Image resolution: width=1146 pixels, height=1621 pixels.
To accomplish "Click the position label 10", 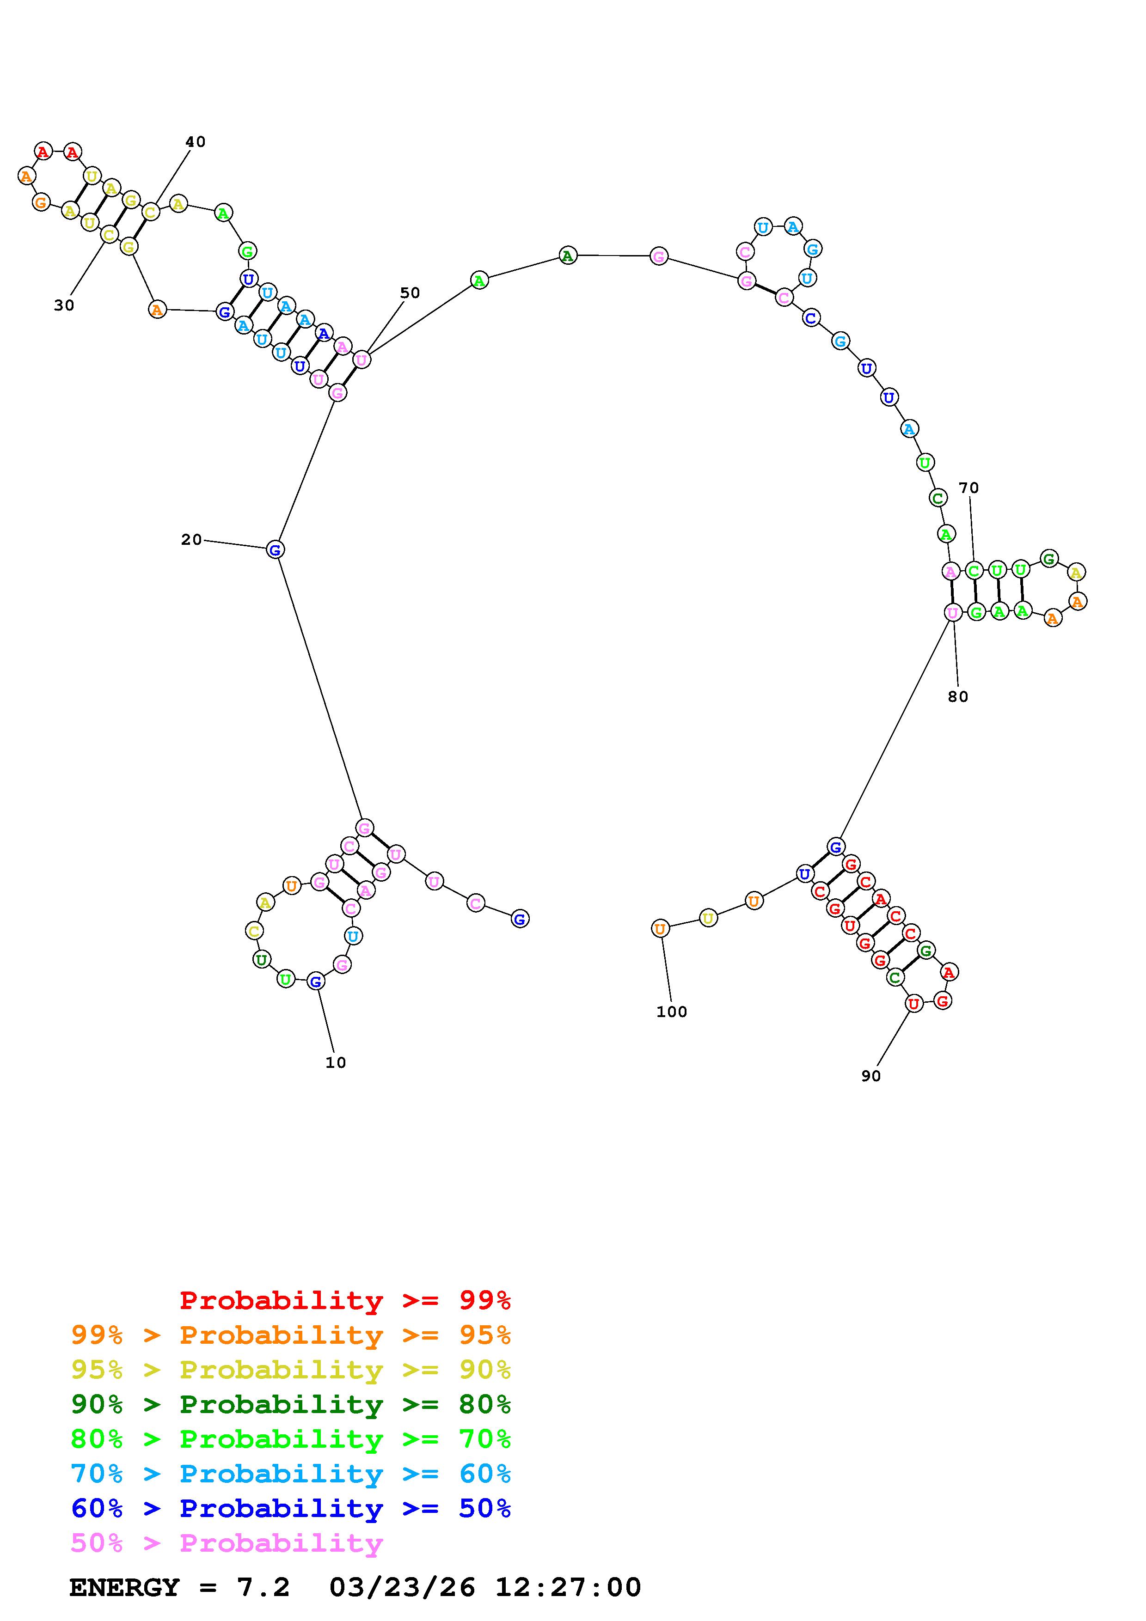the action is [x=336, y=1062].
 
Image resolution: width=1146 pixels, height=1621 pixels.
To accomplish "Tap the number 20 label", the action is [x=191, y=539].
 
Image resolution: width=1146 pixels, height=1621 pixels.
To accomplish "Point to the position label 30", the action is [x=63, y=305].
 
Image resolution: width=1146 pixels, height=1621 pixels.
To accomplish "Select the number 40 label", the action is [x=195, y=142].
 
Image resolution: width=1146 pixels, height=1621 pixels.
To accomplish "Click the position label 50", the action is [x=410, y=293].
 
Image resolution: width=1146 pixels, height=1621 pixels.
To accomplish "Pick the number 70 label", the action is [x=969, y=488].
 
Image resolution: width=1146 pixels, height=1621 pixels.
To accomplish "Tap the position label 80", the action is [x=957, y=696].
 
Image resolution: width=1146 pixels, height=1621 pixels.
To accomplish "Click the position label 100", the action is [x=672, y=1012].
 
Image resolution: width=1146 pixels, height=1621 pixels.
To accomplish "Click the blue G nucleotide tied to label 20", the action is [x=276, y=549].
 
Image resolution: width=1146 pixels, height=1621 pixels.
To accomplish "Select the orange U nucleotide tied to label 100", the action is [x=660, y=928].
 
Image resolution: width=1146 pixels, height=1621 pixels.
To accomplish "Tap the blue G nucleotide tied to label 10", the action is [x=316, y=981].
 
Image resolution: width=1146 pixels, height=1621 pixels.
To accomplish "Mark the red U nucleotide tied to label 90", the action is [x=913, y=1003].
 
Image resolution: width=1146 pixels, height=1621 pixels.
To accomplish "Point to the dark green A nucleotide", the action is [x=568, y=256].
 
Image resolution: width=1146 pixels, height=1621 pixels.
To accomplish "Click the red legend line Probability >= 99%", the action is [x=345, y=1300].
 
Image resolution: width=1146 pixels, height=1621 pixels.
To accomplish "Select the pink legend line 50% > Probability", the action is [x=227, y=1543].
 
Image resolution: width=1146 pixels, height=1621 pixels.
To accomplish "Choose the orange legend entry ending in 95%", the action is [x=291, y=1335].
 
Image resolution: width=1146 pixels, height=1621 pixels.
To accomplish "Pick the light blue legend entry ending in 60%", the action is [x=291, y=1474].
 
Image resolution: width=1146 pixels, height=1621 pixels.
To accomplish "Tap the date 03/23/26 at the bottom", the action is [x=402, y=1587].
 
